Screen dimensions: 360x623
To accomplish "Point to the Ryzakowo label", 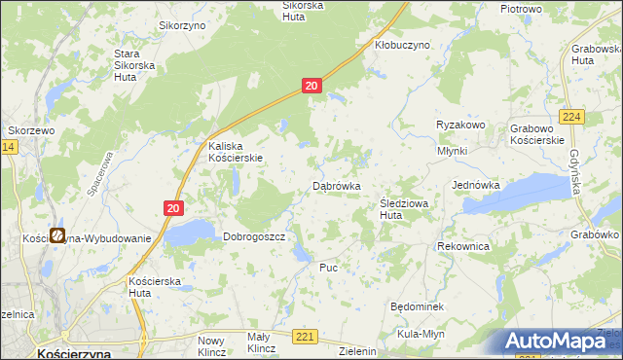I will point(460,126).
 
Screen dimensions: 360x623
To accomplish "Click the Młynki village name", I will point(452,151).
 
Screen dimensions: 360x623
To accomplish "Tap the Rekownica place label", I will point(463,247).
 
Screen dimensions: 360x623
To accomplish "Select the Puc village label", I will point(328,266).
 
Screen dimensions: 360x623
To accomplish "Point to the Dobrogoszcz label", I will point(253,236).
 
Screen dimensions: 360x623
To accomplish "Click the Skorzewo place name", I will point(30,129).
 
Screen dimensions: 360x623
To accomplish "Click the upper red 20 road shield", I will point(311,87).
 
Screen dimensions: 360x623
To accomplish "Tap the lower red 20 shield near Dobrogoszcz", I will point(172,207).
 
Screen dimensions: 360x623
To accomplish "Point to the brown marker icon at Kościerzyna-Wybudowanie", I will point(58,235).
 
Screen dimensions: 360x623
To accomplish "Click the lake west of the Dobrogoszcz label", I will point(190,232).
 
